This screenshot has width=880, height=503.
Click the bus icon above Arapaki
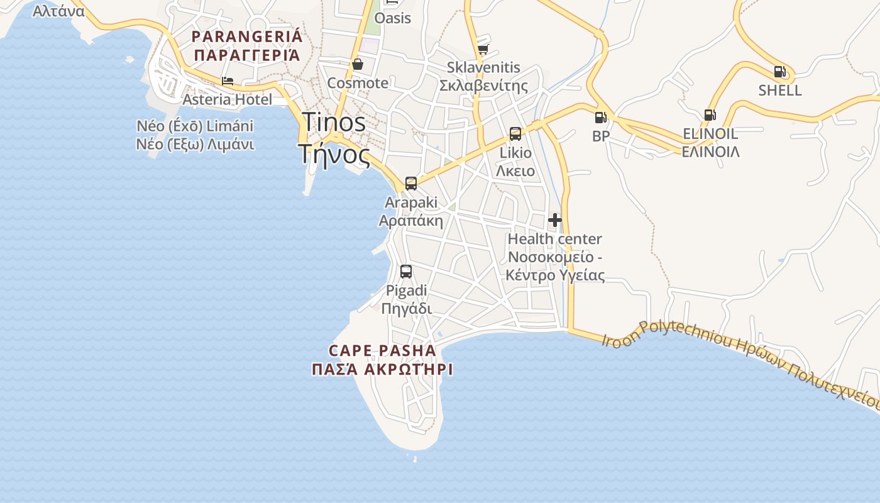click(x=410, y=184)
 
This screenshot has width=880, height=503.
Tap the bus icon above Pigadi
click(x=406, y=272)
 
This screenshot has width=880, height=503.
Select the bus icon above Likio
click(x=515, y=134)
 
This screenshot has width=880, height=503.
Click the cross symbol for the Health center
click(x=555, y=220)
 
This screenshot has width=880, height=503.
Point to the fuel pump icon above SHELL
click(x=779, y=72)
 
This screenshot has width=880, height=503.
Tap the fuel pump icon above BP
click(x=600, y=117)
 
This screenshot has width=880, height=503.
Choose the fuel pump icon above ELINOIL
click(x=710, y=115)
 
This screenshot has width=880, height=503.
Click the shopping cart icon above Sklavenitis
click(x=483, y=49)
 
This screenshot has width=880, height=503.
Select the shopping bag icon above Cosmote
click(x=358, y=64)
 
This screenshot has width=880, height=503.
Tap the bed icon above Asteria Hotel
click(x=228, y=81)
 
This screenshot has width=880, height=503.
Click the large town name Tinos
click(x=334, y=122)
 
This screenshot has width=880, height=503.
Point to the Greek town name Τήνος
click(x=334, y=153)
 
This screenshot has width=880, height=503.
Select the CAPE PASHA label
click(x=382, y=351)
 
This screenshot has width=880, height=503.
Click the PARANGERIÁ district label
click(x=247, y=36)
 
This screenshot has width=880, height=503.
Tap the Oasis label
click(x=392, y=18)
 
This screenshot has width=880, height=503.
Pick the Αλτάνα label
click(x=58, y=11)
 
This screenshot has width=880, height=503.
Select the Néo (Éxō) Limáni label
click(x=195, y=126)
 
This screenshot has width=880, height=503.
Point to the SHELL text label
click(x=780, y=91)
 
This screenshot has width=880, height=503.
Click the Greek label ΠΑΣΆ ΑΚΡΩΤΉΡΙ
click(x=382, y=370)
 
